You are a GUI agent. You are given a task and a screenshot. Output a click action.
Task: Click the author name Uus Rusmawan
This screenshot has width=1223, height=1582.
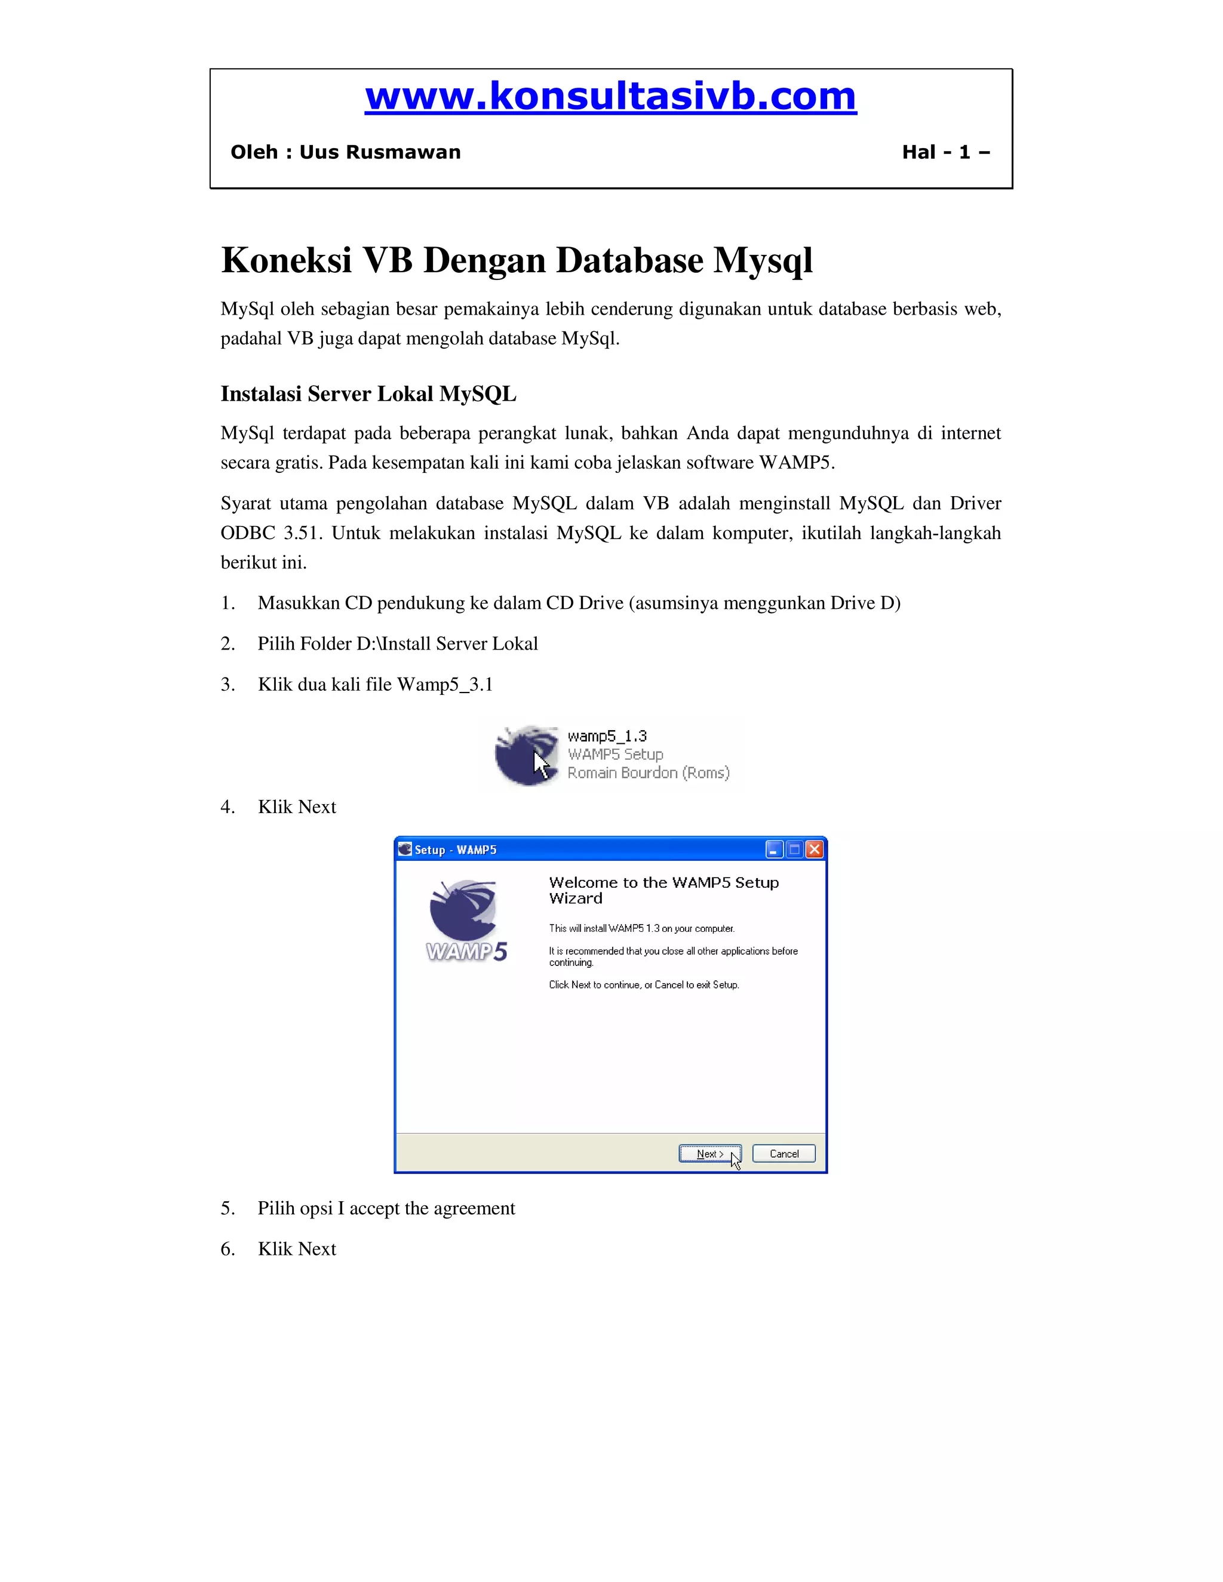[x=380, y=152]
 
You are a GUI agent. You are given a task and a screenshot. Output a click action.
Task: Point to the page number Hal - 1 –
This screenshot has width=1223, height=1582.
[x=945, y=152]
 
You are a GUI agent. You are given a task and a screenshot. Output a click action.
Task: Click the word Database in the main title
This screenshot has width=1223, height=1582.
[x=562, y=261]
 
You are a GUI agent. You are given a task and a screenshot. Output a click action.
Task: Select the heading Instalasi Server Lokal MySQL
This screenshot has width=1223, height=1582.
[x=368, y=394]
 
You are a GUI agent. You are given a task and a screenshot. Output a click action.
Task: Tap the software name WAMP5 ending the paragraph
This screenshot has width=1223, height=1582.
[x=794, y=463]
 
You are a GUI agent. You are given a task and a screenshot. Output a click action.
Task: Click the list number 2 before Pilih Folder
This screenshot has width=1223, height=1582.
[x=228, y=644]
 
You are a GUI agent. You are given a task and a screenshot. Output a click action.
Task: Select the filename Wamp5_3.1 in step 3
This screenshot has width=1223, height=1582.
[x=445, y=685]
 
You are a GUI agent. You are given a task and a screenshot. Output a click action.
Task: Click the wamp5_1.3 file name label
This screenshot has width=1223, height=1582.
[x=607, y=736]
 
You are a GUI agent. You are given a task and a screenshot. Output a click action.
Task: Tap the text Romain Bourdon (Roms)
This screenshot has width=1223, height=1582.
[x=649, y=773]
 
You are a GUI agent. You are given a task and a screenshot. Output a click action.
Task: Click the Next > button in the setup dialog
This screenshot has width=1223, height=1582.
[x=709, y=1154]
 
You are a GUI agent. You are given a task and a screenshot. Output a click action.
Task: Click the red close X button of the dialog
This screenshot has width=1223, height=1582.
[x=815, y=850]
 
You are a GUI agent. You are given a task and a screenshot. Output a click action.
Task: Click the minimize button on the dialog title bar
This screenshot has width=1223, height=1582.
[x=775, y=850]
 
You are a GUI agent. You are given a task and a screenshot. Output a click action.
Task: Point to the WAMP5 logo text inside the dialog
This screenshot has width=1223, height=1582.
[x=466, y=951]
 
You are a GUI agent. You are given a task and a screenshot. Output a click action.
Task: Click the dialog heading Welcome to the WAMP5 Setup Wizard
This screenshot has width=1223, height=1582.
[x=663, y=890]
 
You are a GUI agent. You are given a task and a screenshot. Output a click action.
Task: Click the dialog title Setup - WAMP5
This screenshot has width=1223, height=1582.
[x=455, y=850]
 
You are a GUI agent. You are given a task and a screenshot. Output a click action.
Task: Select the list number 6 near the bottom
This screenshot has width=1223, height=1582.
[x=228, y=1249]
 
